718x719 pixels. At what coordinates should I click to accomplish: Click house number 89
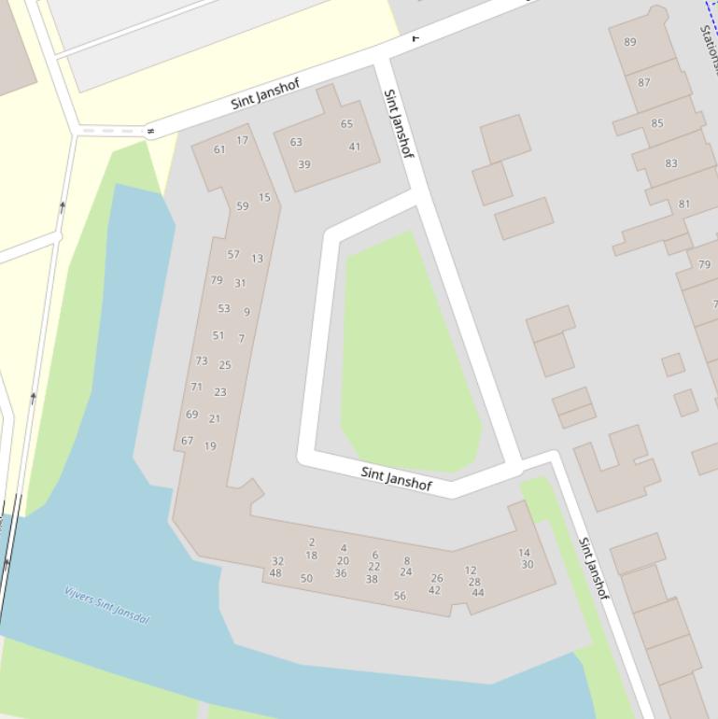tap(630, 42)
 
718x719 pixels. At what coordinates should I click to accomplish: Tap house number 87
tap(644, 82)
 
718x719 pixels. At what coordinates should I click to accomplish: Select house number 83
tap(671, 163)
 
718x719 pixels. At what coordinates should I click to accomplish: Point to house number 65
tap(346, 124)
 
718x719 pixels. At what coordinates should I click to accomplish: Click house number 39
tap(304, 164)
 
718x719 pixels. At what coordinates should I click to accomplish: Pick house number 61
tap(219, 149)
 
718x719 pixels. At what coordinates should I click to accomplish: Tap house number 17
tap(243, 141)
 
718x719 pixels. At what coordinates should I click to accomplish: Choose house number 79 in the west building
tap(217, 280)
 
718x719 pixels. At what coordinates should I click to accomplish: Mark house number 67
tap(188, 441)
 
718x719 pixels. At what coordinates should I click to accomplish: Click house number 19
tap(210, 446)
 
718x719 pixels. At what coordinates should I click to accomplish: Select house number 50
tap(306, 579)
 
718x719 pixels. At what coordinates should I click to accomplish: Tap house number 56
tap(400, 596)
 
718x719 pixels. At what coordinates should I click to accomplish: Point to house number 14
tap(524, 553)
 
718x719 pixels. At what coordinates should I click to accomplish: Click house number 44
tap(478, 593)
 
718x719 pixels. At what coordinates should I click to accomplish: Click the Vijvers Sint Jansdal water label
tap(106, 605)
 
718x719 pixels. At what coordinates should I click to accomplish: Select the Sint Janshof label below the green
tap(396, 478)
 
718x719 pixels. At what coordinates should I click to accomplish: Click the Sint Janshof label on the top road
tap(265, 93)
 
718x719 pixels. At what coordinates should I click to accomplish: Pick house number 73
tap(202, 360)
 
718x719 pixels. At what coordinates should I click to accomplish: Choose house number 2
tap(312, 543)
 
